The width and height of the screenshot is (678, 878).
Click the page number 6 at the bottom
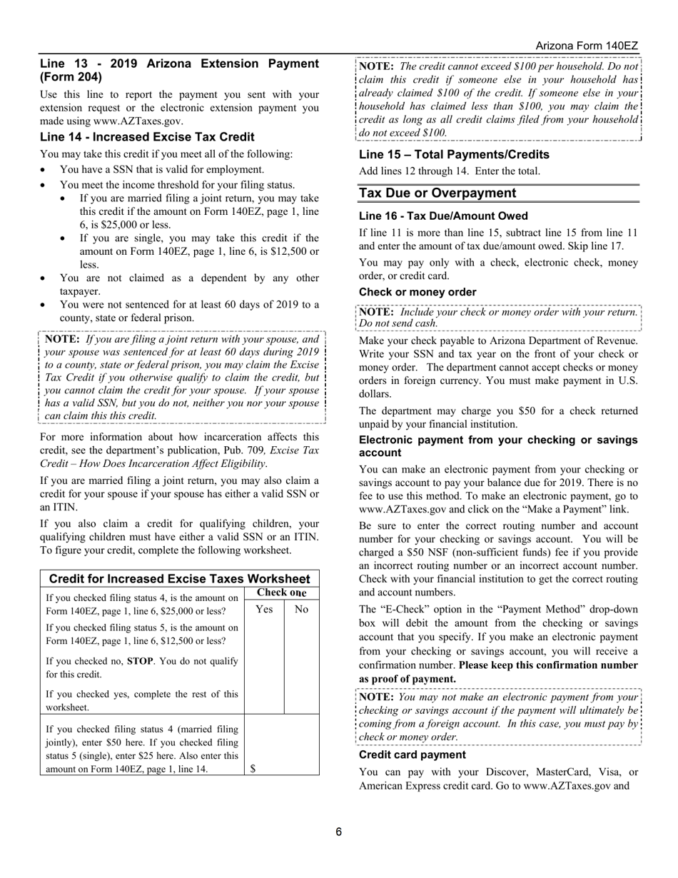pos(339,832)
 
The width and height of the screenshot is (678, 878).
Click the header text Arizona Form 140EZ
pos(587,46)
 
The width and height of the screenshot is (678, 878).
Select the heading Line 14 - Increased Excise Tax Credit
pos(147,137)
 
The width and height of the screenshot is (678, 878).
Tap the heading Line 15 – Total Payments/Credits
pos(454,155)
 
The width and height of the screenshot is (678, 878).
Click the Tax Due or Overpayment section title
pos(437,193)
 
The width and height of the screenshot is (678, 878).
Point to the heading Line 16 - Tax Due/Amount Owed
pos(443,216)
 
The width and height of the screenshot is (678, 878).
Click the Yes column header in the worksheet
pos(264,609)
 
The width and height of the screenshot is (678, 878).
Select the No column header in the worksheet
pos(301,609)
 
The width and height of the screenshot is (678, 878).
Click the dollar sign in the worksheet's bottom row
pos(253,768)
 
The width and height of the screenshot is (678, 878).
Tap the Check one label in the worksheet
pos(281,592)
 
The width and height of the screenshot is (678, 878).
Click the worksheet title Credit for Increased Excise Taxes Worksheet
pos(179,578)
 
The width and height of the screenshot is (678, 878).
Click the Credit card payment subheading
pos(412,755)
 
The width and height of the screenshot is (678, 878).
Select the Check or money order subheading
pos(418,292)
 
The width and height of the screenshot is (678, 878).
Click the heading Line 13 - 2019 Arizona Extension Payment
pos(178,64)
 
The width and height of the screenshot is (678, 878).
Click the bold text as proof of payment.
pos(407,679)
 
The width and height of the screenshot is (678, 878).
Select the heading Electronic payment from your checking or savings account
pos(498,446)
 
